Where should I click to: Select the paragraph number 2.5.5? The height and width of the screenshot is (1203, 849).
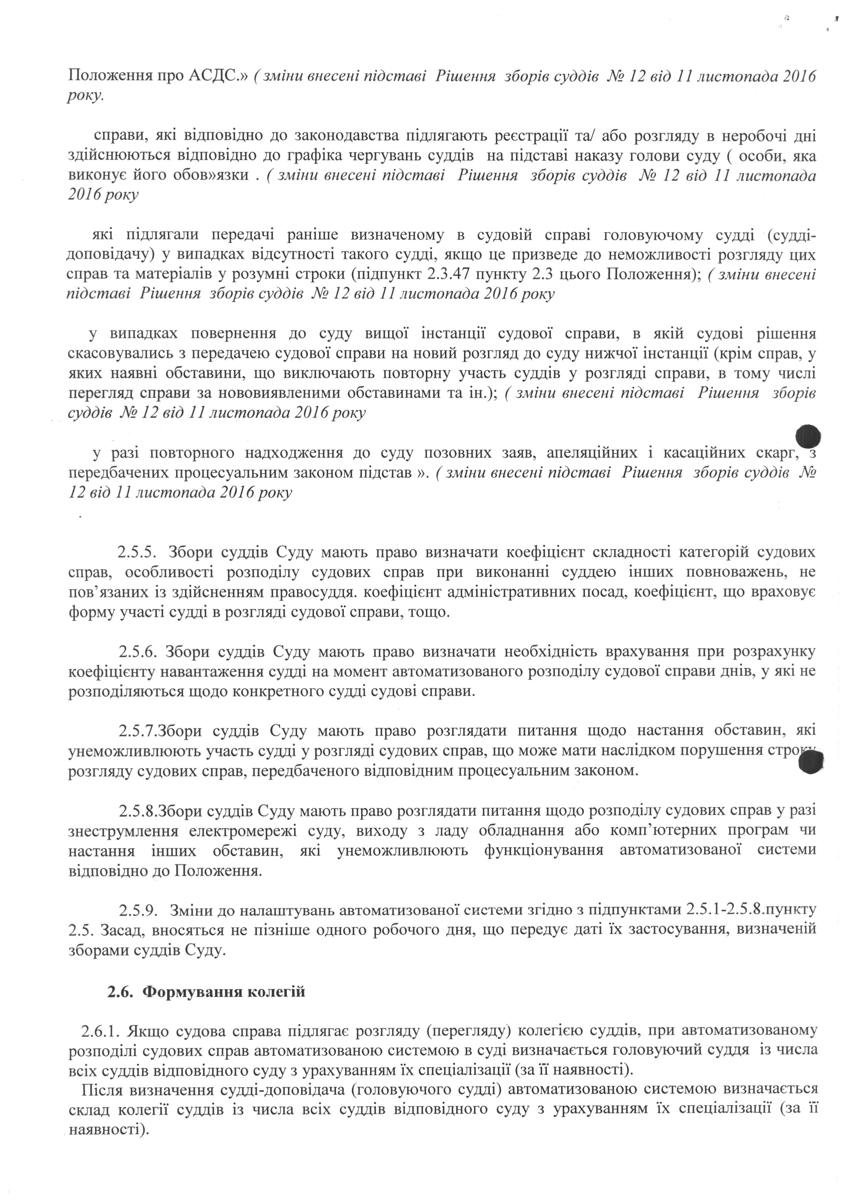click(138, 552)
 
